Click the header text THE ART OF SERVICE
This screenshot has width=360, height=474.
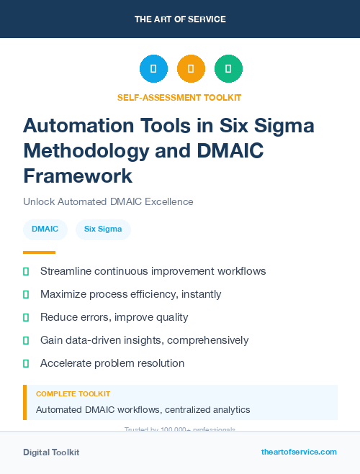pyautogui.click(x=180, y=19)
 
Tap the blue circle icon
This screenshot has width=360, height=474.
pyautogui.click(x=153, y=69)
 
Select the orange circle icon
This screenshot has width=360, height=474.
pyautogui.click(x=191, y=69)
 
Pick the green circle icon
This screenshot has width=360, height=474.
pyautogui.click(x=228, y=69)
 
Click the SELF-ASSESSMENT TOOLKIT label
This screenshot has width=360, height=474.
pyautogui.click(x=179, y=97)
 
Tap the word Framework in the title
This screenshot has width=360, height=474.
pyautogui.click(x=78, y=176)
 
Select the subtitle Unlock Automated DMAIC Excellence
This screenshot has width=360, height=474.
pyautogui.click(x=108, y=202)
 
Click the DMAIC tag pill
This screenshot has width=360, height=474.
pyautogui.click(x=45, y=229)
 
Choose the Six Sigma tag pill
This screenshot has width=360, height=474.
pyautogui.click(x=103, y=229)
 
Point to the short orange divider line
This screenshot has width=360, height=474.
pyautogui.click(x=39, y=252)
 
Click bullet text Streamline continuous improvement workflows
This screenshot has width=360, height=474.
pyautogui.click(x=153, y=271)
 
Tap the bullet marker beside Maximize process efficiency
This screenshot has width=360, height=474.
pyautogui.click(x=26, y=294)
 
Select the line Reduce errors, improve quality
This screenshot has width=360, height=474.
pyautogui.click(x=114, y=317)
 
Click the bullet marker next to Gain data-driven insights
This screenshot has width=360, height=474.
pyautogui.click(x=26, y=340)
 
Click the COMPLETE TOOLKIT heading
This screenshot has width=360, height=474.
pyautogui.click(x=73, y=394)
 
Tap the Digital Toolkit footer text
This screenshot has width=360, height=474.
pyautogui.click(x=51, y=452)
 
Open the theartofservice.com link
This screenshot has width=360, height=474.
pyautogui.click(x=299, y=452)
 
